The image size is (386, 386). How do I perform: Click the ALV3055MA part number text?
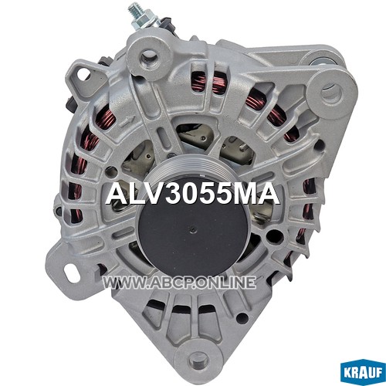pyautogui.click(x=192, y=195)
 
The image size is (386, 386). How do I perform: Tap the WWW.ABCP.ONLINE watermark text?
pyautogui.click(x=179, y=283)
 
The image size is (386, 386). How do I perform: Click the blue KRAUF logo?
pyautogui.click(x=363, y=372)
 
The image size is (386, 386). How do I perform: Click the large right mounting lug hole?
pyautogui.click(x=333, y=93)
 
